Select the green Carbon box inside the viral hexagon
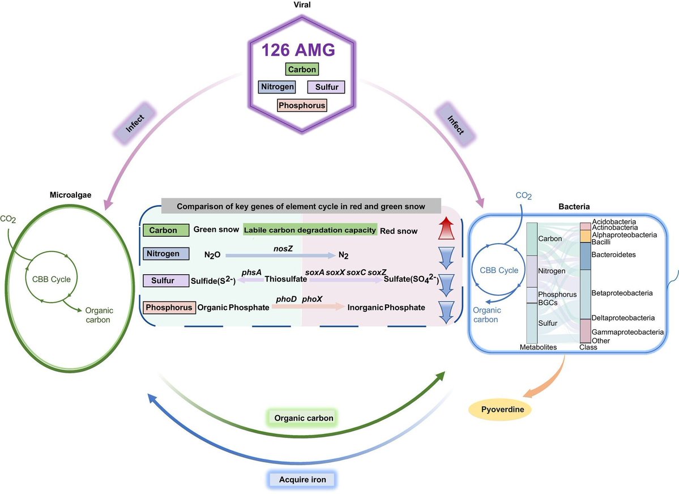click(x=301, y=69)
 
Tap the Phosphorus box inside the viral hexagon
click(x=302, y=105)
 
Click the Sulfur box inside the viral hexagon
click(x=326, y=87)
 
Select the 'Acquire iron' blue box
click(x=302, y=480)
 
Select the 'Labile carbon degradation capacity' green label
click(x=310, y=230)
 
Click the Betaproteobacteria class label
click(x=622, y=293)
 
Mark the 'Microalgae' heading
click(x=70, y=195)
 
